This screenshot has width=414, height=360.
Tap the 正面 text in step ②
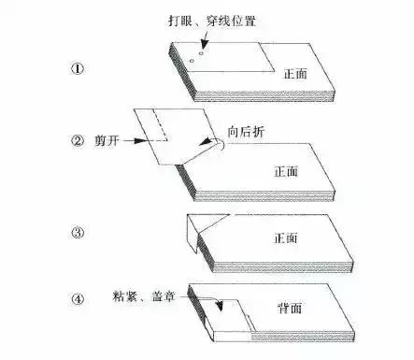point(286,173)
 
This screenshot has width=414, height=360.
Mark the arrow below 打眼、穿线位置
point(202,38)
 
